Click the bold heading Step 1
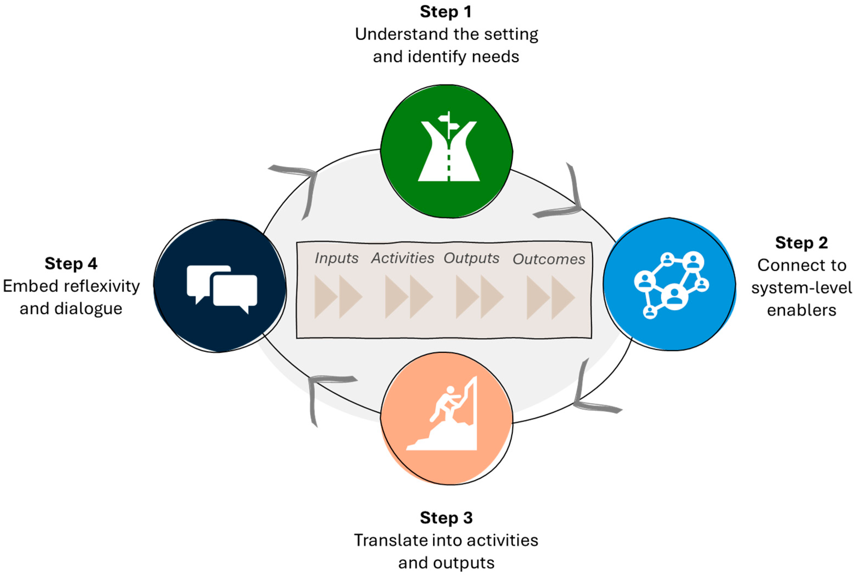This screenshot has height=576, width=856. pos(445,12)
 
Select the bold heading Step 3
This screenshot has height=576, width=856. pos(446,518)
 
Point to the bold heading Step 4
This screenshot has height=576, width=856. pos(71,264)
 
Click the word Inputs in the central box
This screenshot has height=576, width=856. pos(336,258)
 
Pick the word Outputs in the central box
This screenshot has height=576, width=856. pos(471,258)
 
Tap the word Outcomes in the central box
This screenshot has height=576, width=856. pos(549,259)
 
